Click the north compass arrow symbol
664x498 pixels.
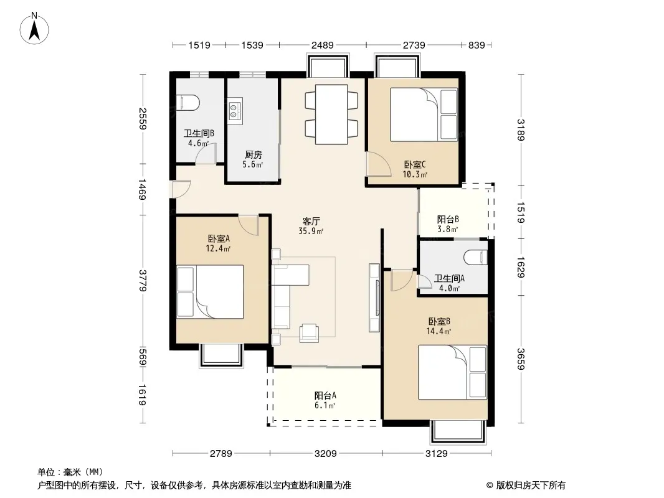(x=34, y=29)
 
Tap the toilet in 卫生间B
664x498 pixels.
(x=188, y=103)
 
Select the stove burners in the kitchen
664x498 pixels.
(x=235, y=111)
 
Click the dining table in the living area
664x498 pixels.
(x=331, y=115)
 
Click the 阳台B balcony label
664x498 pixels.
(x=448, y=219)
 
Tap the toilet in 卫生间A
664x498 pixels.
(x=475, y=257)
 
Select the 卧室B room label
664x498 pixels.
(x=439, y=322)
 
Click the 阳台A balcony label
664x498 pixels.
(x=325, y=396)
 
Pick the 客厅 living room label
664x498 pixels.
(x=311, y=221)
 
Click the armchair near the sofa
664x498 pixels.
(x=308, y=332)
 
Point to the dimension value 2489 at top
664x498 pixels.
(x=323, y=45)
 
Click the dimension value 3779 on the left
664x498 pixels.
(x=142, y=281)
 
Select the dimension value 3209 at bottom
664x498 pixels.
(x=326, y=454)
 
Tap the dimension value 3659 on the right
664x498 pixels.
(x=521, y=359)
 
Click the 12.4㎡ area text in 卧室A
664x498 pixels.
(x=218, y=249)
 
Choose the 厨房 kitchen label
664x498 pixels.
(x=254, y=155)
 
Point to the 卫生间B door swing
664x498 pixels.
(x=206, y=154)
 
